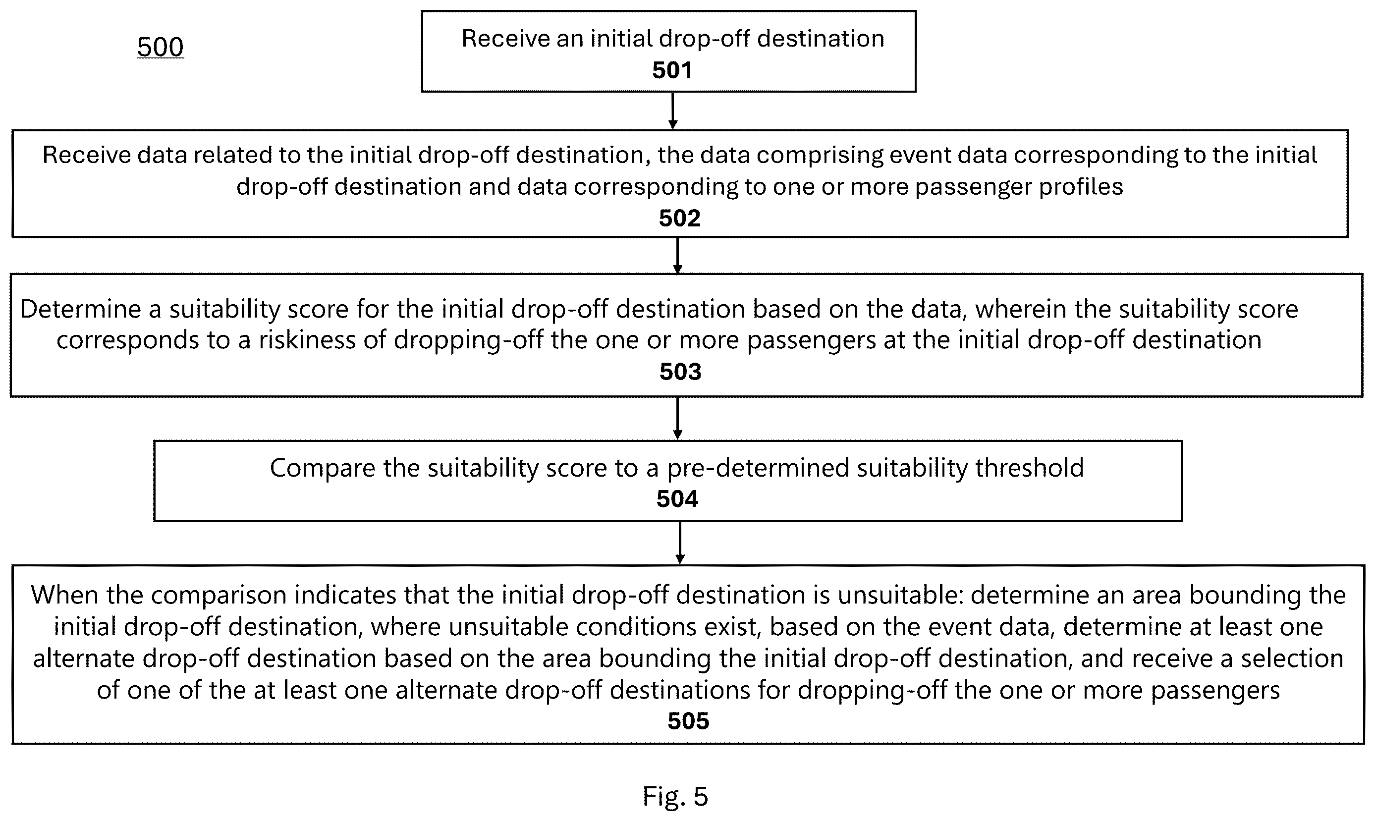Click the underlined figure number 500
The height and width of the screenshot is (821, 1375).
[161, 48]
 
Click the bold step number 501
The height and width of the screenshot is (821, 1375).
[672, 70]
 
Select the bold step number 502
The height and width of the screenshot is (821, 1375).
[679, 218]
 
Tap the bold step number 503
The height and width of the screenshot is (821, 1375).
[680, 371]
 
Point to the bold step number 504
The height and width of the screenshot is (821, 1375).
[677, 499]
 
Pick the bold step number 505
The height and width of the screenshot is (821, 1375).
[688, 721]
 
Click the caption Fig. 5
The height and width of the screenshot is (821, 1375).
[675, 797]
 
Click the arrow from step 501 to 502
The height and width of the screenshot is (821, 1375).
[672, 110]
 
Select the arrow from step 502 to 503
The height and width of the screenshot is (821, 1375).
[677, 256]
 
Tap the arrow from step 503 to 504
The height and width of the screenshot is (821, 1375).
[677, 419]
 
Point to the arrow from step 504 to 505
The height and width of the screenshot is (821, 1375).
[680, 543]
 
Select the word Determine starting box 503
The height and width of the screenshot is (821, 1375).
[81, 309]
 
